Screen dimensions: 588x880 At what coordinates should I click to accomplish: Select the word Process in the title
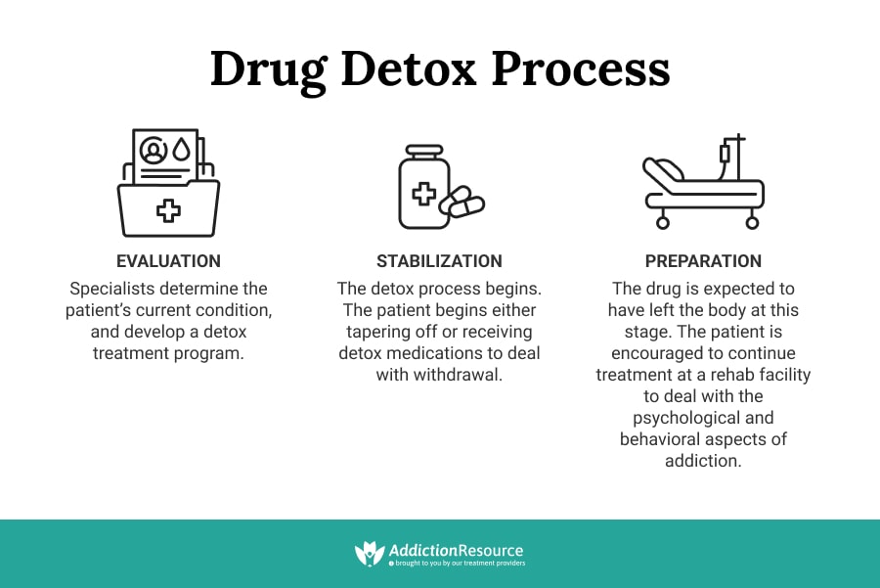580,70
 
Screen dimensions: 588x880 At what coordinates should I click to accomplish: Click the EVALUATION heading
168,261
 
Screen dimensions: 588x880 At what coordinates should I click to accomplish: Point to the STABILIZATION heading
439,261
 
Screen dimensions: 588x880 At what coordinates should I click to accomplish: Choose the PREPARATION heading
703,261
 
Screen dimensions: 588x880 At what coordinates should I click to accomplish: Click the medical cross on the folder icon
169,209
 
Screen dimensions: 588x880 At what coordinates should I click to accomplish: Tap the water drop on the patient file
181,151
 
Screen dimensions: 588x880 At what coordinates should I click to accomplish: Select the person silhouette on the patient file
154,151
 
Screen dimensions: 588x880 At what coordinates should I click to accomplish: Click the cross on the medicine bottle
423,194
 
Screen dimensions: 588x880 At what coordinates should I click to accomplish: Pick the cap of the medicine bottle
424,154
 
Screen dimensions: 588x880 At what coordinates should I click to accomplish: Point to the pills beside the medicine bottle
462,204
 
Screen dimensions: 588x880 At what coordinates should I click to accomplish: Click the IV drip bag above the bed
725,154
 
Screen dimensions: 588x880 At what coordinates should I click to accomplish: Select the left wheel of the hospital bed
663,222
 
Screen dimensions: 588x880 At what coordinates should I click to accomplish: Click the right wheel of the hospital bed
752,222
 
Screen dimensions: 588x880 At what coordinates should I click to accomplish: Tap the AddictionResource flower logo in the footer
369,554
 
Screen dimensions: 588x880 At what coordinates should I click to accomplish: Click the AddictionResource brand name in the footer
456,551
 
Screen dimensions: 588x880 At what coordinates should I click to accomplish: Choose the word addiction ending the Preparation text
703,460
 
